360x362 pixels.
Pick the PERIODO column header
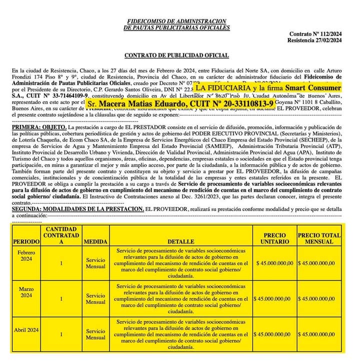coord(26,241)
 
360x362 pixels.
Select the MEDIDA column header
coord(95,241)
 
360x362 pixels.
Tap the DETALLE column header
coord(181,241)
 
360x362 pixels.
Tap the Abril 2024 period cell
coord(26,330)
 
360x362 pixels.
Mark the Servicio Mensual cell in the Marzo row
coord(95,298)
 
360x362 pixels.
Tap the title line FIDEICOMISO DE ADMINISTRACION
coord(176,21)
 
